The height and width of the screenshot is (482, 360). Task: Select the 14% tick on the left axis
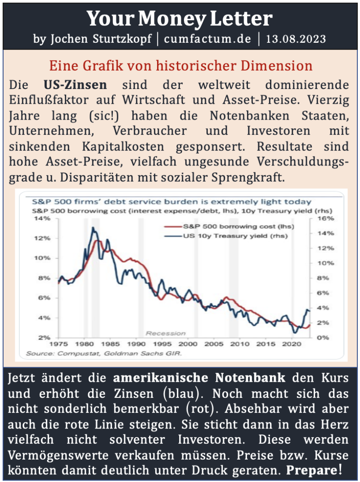point(43,219)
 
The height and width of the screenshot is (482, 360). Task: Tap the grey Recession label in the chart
point(165,333)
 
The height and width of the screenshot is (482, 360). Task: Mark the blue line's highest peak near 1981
point(93,228)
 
